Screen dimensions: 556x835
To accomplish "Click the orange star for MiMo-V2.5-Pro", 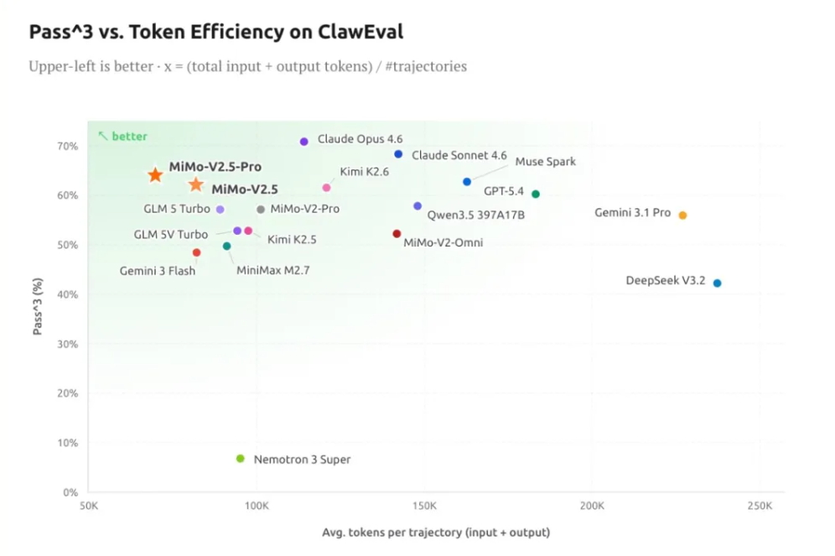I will click(x=155, y=174).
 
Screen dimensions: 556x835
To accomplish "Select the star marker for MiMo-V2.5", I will click(x=195, y=184).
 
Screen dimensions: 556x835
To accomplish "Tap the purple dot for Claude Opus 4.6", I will click(x=304, y=142).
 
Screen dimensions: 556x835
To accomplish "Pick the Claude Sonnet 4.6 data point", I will click(x=398, y=154).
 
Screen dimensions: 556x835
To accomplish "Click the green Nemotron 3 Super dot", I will click(x=241, y=459).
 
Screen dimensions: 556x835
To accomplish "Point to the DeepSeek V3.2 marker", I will click(x=717, y=283).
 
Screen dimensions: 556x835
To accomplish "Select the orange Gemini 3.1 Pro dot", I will click(x=682, y=216).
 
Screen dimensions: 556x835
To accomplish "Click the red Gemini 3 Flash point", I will click(x=196, y=252).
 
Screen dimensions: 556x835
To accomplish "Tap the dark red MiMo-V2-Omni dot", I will click(x=397, y=234).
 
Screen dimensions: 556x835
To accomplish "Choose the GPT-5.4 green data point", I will click(x=536, y=194).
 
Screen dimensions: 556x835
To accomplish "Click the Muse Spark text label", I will click(x=545, y=161).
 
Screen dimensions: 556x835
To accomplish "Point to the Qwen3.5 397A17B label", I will click(x=475, y=215).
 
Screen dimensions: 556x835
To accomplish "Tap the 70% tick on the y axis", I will click(x=68, y=146).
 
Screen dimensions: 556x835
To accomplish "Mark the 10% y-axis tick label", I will click(x=68, y=443).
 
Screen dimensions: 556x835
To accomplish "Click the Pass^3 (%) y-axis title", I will click(x=38, y=308).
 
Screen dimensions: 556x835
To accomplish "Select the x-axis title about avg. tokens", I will click(x=435, y=533).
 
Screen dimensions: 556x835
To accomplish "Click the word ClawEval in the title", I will click(x=356, y=33).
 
